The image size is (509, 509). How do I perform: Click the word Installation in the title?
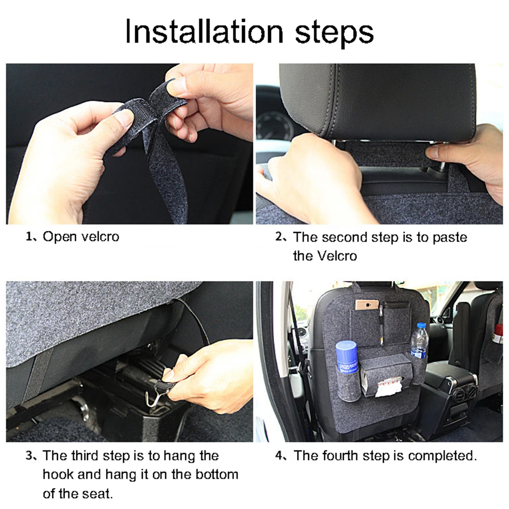click(204, 32)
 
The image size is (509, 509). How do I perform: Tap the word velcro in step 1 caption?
click(100, 236)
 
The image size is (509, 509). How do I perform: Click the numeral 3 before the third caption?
click(29, 456)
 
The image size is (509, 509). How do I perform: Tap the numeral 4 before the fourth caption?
click(279, 456)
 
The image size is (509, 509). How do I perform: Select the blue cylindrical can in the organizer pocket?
click(347, 357)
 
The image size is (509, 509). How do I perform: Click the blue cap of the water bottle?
click(421, 326)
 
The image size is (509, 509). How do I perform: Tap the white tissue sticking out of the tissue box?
click(388, 386)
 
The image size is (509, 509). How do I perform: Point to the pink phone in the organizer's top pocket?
click(367, 305)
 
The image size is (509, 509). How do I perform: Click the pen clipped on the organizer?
click(382, 324)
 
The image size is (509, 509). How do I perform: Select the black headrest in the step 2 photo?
click(377, 101)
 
